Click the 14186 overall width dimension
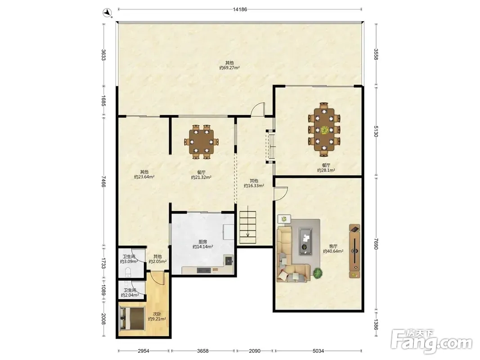tap(240, 9)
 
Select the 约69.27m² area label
tap(229, 68)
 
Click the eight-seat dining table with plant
tap(324, 130)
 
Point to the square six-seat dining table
tap(201, 142)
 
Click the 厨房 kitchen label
tap(202, 242)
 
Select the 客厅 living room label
tap(333, 246)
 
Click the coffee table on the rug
tap(305, 241)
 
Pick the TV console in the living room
tap(354, 251)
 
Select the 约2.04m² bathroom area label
tap(130, 295)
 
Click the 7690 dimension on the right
tap(376, 243)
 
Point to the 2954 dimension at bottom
tap(143, 351)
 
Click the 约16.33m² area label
tap(254, 186)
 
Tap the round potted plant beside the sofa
tap(318, 273)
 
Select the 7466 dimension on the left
tap(103, 181)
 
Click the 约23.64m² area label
tap(144, 177)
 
